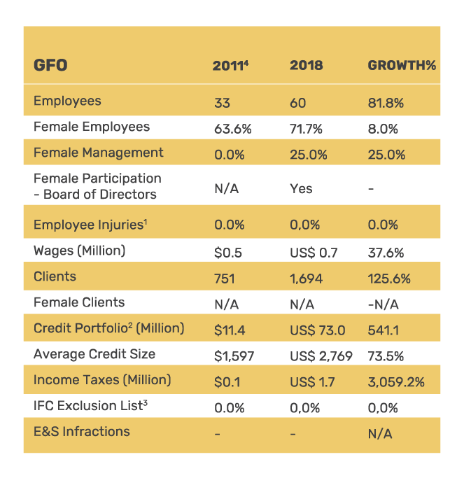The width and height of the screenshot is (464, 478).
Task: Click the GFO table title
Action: (50, 66)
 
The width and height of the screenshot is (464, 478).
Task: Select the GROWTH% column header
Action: (402, 66)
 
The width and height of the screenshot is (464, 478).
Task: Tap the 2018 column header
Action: (306, 66)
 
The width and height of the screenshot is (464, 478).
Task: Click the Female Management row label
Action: (98, 153)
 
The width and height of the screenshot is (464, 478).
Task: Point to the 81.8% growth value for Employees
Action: (386, 103)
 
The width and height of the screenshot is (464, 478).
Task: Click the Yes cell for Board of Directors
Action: (301, 188)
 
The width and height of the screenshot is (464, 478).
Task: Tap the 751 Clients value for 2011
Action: (224, 278)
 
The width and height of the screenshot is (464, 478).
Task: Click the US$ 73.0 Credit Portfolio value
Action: (317, 329)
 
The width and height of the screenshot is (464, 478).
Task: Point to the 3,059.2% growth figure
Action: (396, 382)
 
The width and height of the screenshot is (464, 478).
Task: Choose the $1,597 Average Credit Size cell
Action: (234, 356)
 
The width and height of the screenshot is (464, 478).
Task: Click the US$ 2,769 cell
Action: (321, 356)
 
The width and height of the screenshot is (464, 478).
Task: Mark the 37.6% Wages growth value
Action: (386, 252)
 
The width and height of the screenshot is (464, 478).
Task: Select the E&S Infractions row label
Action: (81, 431)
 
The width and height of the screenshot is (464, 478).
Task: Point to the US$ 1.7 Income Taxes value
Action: (312, 382)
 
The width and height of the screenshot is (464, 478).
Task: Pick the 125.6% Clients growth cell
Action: (389, 278)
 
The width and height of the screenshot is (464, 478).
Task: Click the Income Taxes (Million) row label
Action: (102, 380)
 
